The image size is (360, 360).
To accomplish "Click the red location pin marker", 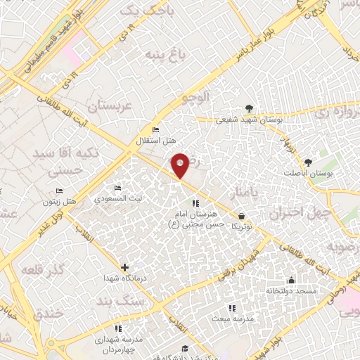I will pos(181,165).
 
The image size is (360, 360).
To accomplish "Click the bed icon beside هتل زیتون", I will pos(60,191).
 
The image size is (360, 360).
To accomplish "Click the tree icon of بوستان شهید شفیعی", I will pos(249,108).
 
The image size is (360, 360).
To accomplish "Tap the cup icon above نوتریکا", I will pos(243,216).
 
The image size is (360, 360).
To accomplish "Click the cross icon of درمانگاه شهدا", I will pos(125,267).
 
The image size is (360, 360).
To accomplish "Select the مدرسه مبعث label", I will pos(231,319).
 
